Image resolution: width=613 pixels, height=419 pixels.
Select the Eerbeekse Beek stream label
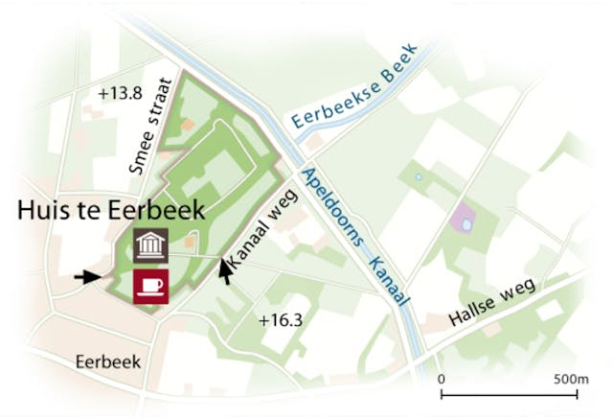[355, 88]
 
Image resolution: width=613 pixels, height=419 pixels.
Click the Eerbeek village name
[107, 361]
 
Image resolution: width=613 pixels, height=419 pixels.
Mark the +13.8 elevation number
[120, 93]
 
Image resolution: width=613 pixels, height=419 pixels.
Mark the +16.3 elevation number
[280, 320]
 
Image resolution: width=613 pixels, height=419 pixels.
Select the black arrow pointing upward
[226, 271]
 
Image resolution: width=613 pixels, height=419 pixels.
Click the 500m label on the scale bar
[571, 379]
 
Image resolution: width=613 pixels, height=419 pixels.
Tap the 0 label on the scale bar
[442, 379]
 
